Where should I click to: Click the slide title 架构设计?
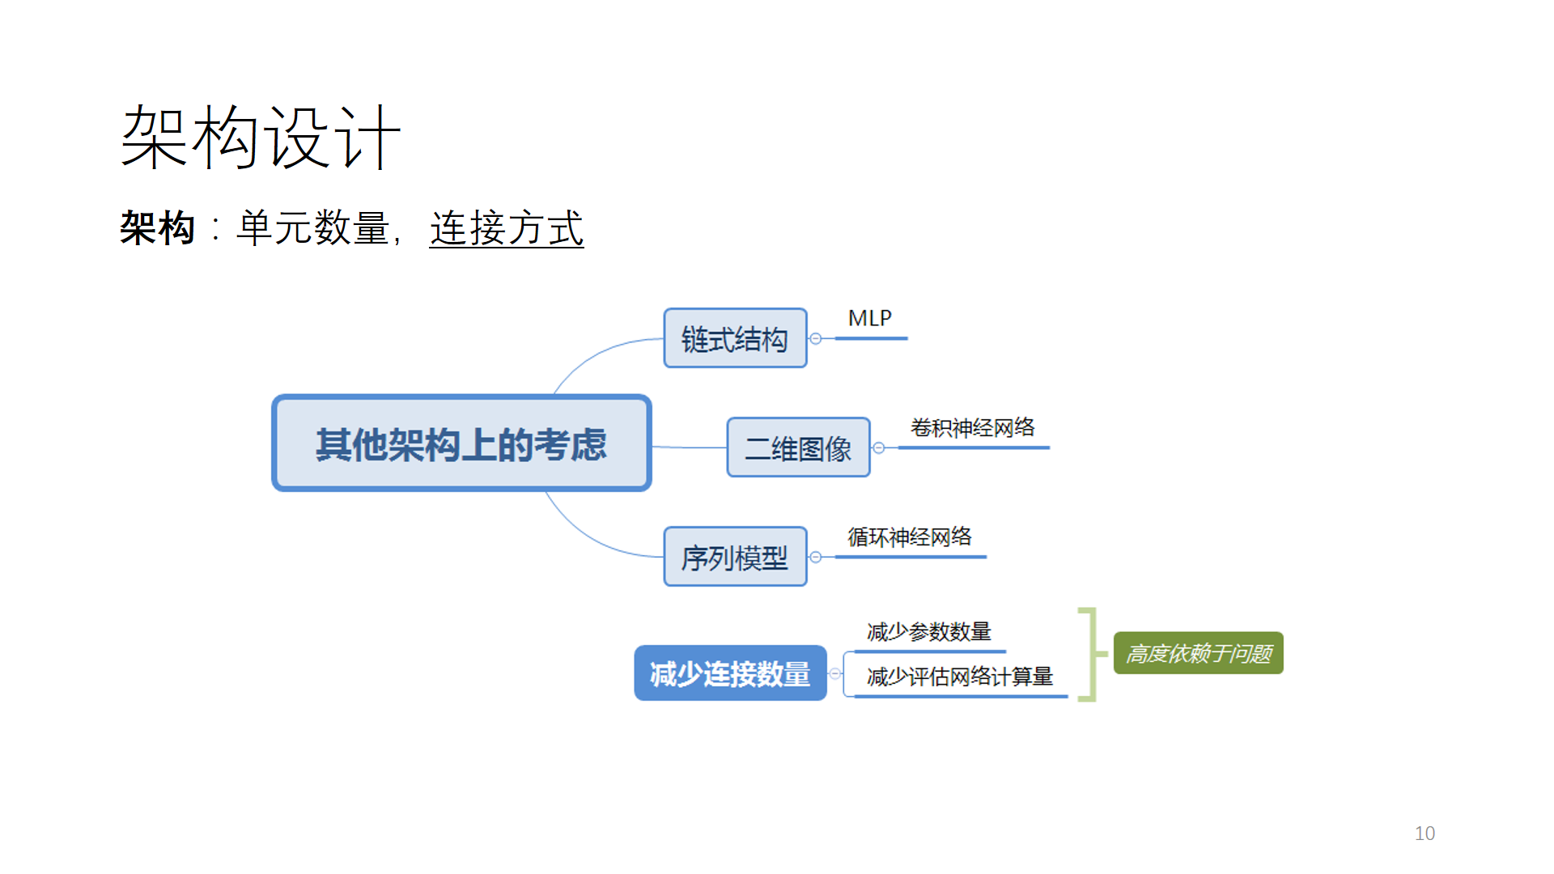tap(261, 138)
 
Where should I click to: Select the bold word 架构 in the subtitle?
tap(158, 228)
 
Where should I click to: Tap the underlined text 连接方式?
tap(506, 228)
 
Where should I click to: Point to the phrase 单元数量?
tap(312, 228)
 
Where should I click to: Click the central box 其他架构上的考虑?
tap(461, 443)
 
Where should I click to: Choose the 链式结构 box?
tap(735, 338)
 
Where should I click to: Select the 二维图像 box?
tap(798, 448)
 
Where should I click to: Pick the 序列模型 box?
tap(735, 557)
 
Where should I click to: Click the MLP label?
tap(869, 319)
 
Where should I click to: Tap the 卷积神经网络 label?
tap(972, 427)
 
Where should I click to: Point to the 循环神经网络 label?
tap(910, 537)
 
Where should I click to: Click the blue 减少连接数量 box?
tap(730, 673)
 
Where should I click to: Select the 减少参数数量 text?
tap(928, 631)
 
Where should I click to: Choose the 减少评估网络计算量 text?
tap(959, 677)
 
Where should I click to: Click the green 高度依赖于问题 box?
tap(1198, 653)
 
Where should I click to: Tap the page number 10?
tap(1424, 834)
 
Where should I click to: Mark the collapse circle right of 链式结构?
tap(816, 339)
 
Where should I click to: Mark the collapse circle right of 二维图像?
tap(879, 448)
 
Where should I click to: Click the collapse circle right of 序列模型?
tap(816, 557)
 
